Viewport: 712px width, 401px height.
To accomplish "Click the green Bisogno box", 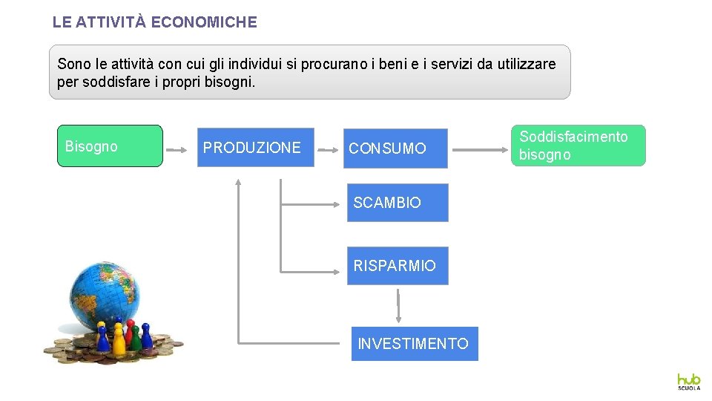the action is tap(110, 146).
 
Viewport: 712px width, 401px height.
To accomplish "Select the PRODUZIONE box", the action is tap(255, 147).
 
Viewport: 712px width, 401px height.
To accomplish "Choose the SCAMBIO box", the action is tap(398, 203).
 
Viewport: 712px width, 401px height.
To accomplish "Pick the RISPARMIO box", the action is tap(398, 266).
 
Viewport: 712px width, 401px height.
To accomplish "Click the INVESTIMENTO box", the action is tap(414, 344).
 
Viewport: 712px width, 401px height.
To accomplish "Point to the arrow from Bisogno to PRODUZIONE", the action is tap(177, 149).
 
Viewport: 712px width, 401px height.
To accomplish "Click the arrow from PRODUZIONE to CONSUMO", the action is tap(326, 149).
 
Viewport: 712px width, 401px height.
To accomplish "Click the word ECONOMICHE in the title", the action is tap(204, 22).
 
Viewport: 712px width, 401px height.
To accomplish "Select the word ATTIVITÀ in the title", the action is tap(110, 22).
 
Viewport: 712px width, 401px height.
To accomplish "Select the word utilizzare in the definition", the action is tap(526, 64).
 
